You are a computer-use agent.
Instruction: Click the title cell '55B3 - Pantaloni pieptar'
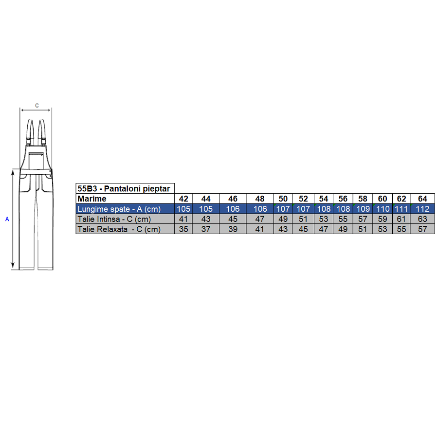tap(124, 188)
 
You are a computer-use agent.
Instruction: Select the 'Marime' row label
tap(92, 199)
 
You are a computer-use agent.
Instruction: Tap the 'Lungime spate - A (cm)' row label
tap(119, 209)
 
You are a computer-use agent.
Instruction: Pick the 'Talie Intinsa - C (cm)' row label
tap(114, 219)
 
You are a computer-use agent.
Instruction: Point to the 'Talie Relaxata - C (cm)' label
tap(119, 229)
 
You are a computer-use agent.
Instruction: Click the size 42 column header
tap(183, 199)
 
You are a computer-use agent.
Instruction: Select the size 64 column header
tap(422, 199)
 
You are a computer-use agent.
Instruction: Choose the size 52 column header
tap(303, 199)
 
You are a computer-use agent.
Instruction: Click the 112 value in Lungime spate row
tap(422, 209)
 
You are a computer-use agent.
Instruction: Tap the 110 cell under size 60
tap(383, 209)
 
